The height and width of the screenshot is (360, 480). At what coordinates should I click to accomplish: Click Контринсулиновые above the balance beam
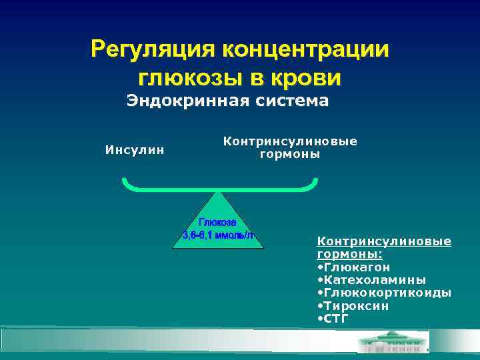[x=290, y=141]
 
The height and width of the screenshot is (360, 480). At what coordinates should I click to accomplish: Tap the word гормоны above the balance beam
[x=290, y=154]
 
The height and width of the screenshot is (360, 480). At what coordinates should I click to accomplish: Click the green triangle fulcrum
[x=218, y=230]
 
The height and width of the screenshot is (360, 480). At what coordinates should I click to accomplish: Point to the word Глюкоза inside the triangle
[x=218, y=223]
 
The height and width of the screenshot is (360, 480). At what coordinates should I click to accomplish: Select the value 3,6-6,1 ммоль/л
[x=218, y=235]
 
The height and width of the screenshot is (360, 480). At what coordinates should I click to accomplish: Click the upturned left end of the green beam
[x=124, y=181]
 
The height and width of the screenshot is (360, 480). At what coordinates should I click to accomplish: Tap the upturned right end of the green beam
[x=315, y=181]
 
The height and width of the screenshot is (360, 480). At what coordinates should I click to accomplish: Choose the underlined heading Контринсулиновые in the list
[x=384, y=241]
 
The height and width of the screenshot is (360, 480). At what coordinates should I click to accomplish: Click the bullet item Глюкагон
[x=357, y=267]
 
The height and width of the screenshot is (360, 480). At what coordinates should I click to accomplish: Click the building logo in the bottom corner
[x=393, y=343]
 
